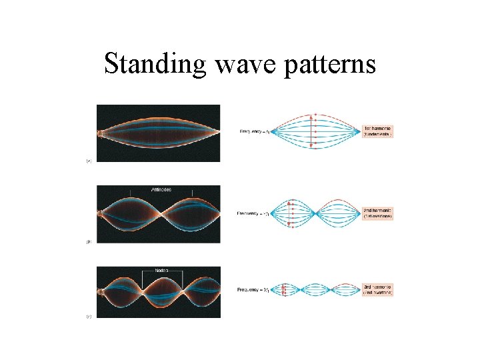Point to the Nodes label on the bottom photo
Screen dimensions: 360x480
[x=163, y=270]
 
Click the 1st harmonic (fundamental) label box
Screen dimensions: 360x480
[x=378, y=131]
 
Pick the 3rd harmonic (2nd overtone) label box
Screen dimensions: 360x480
[x=378, y=289]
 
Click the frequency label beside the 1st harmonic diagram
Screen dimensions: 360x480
[x=255, y=131]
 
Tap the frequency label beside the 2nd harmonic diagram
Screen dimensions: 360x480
[x=253, y=213]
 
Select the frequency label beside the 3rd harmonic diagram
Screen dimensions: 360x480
[x=253, y=289]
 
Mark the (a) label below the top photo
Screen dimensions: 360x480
[x=89, y=161]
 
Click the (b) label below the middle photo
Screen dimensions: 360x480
[x=89, y=241]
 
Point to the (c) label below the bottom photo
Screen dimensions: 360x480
[x=89, y=316]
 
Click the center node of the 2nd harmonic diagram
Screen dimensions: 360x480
[x=317, y=213]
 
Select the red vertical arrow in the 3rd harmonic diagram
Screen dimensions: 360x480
[x=285, y=289]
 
